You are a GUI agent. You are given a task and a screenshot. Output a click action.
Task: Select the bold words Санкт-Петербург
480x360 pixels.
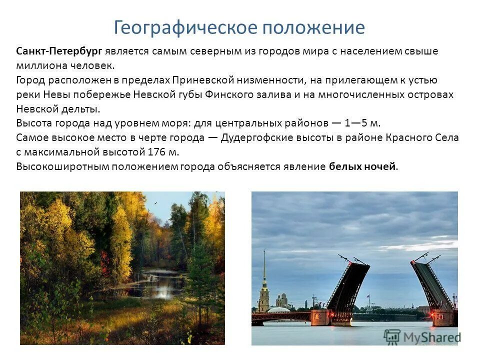[59, 51]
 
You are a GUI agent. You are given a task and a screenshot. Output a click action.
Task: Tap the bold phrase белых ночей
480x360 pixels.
[362, 166]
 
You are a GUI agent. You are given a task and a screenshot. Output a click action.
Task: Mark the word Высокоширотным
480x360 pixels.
[55, 166]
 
